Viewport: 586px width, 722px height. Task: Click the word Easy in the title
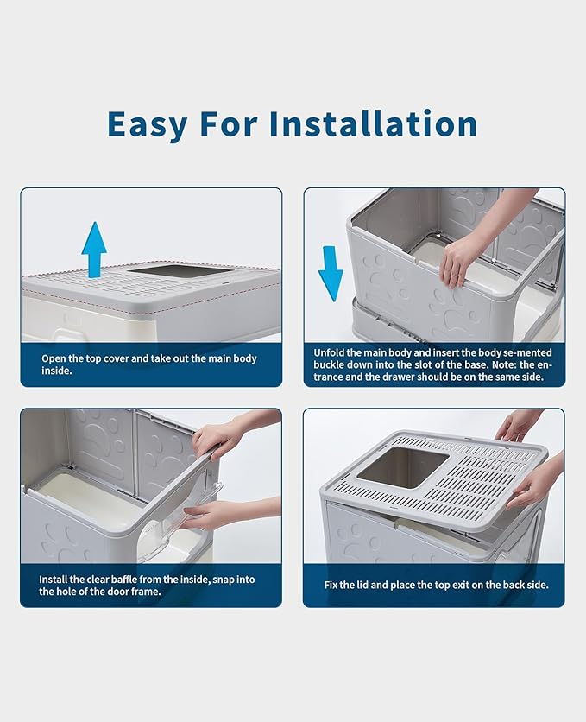pyautogui.click(x=147, y=123)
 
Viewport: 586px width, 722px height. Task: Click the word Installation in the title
pyautogui.click(x=373, y=123)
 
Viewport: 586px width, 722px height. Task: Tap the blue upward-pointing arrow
pyautogui.click(x=94, y=249)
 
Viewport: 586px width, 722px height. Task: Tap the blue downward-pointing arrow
pyautogui.click(x=331, y=271)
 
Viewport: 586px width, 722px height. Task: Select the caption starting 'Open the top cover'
pyautogui.click(x=149, y=364)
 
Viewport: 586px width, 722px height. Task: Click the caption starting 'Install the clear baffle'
pyautogui.click(x=147, y=586)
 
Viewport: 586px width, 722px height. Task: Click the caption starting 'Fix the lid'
pyautogui.click(x=436, y=585)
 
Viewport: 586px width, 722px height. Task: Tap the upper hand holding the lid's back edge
pyautogui.click(x=518, y=425)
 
